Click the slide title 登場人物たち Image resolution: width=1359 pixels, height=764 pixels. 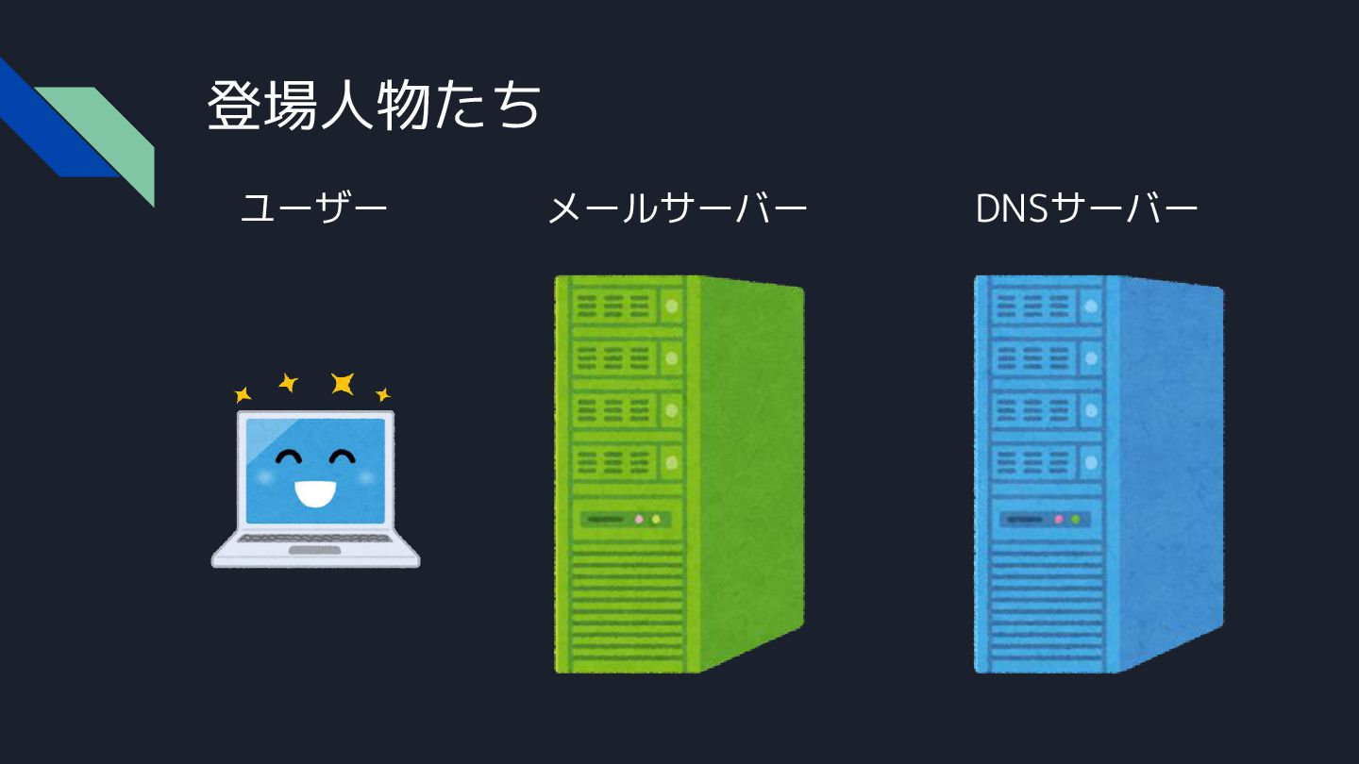[374, 106]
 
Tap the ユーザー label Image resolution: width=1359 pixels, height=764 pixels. [314, 208]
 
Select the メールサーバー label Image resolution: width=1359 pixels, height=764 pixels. [677, 208]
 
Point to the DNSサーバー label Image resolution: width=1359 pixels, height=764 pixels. [1086, 208]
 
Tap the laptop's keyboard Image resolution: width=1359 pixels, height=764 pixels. [313, 539]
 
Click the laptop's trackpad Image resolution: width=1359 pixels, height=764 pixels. [314, 550]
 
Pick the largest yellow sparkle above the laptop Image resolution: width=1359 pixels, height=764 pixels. [342, 383]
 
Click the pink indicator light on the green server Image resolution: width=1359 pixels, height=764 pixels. [639, 519]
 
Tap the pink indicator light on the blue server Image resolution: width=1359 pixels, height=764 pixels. [1059, 519]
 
